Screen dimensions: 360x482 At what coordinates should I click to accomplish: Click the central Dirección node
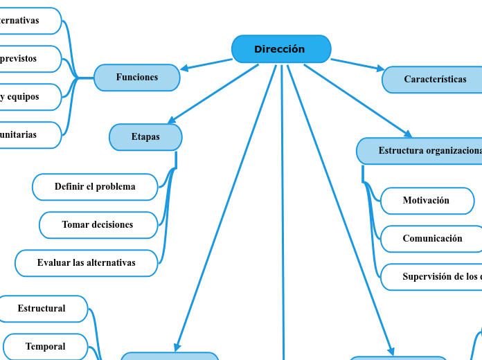pos(280,49)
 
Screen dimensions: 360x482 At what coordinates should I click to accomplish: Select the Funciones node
pos(136,78)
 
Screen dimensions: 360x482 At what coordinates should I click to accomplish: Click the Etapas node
pos(145,137)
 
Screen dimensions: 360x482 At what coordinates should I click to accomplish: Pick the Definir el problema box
pos(95,187)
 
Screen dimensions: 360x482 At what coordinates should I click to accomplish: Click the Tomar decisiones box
pos(98,225)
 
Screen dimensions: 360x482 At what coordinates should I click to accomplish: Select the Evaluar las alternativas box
pos(87,263)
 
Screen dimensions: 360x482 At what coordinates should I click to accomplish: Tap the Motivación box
pos(427,201)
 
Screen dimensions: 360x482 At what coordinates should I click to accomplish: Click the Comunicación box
pos(431,239)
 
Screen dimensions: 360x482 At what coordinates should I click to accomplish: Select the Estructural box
pos(42,309)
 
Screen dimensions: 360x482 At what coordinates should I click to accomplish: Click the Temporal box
pos(46,347)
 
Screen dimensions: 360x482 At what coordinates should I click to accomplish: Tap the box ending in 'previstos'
pos(28,59)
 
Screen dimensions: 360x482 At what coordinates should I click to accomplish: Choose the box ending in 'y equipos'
pos(28,97)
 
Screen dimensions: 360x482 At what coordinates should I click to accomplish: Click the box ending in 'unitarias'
pos(28,135)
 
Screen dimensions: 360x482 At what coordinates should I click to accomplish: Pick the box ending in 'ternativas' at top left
pos(28,21)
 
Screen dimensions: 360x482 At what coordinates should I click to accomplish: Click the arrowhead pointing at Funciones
pos(184,69)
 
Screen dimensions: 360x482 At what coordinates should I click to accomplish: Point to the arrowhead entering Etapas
pos(171,122)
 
